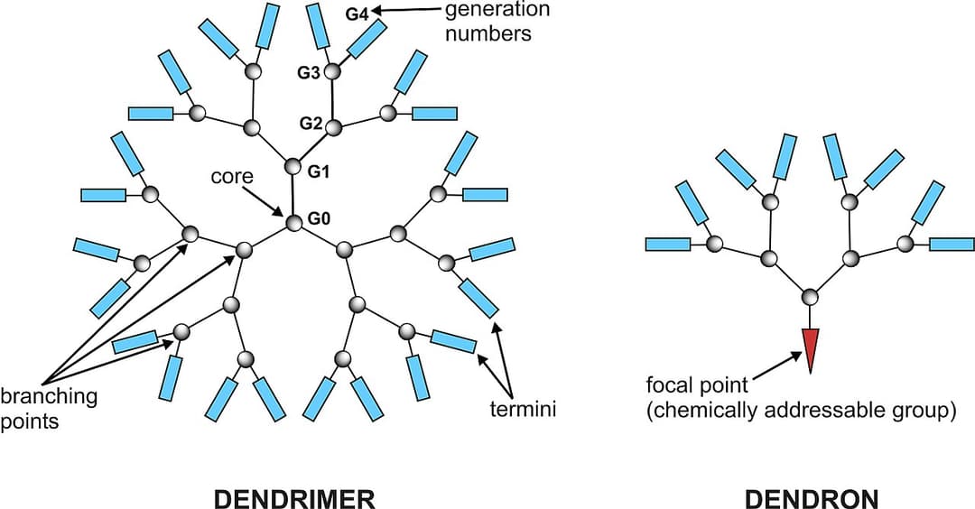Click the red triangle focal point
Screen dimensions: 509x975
pyautogui.click(x=810, y=347)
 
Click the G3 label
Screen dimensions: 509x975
pyautogui.click(x=309, y=73)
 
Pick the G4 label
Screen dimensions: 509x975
pyautogui.click(x=357, y=14)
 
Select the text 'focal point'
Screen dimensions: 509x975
pyautogui.click(x=696, y=386)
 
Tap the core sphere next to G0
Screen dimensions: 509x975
pyautogui.click(x=293, y=222)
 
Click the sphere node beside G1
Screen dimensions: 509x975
pyautogui.click(x=292, y=166)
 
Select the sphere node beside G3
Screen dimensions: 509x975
pyautogui.click(x=333, y=70)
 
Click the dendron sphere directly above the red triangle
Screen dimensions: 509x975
pyautogui.click(x=810, y=296)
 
